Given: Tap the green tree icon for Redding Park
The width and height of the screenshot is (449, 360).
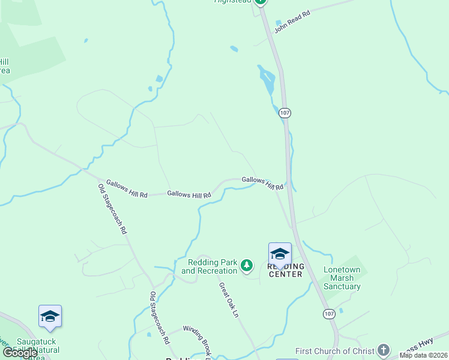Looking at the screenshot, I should click(x=246, y=265).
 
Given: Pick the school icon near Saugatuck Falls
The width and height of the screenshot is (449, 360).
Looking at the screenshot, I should click(x=50, y=316).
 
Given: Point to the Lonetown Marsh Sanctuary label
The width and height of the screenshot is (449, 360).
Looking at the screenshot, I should click(x=342, y=278).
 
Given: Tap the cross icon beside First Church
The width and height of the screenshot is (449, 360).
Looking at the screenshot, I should click(x=383, y=350).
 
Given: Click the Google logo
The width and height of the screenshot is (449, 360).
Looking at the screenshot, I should click(x=20, y=353).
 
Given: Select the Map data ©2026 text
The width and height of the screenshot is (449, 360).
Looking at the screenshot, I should click(x=424, y=355).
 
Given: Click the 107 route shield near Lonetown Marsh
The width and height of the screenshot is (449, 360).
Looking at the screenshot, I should click(x=328, y=314).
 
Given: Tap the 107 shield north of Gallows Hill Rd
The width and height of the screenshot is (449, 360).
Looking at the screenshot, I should click(x=285, y=112).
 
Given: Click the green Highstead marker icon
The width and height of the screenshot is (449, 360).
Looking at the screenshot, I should click(x=260, y=2).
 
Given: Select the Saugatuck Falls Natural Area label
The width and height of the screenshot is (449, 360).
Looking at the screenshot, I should click(x=24, y=352).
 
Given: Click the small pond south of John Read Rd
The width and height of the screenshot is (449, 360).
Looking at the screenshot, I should click(x=234, y=49).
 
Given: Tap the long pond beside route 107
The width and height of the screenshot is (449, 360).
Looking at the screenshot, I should click(x=267, y=79).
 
